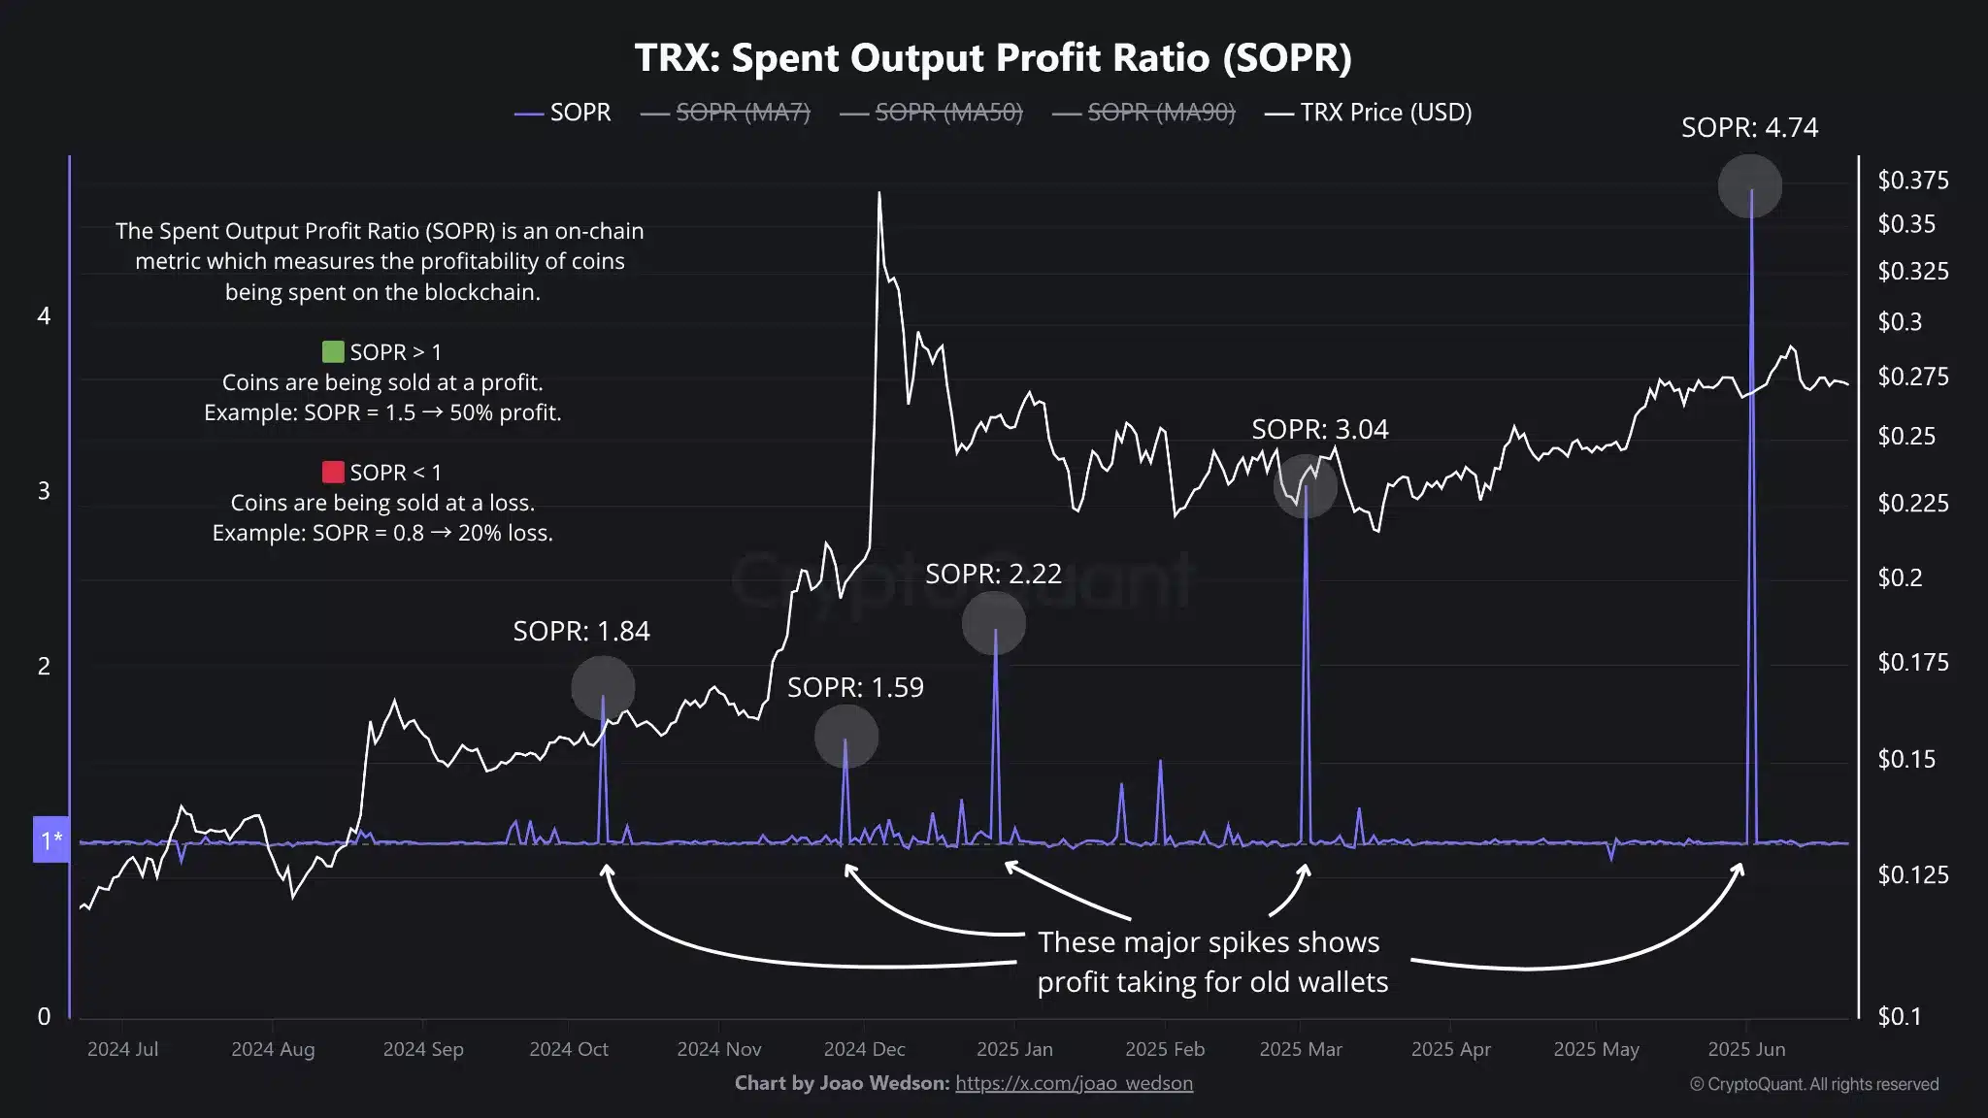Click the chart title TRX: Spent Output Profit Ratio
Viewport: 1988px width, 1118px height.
[993, 58]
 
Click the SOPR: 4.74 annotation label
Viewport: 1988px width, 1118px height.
[1749, 128]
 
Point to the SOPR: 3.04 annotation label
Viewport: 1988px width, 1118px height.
[1319, 429]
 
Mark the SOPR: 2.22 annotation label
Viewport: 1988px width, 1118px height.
[993, 574]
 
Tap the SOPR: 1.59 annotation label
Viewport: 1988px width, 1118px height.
[855, 687]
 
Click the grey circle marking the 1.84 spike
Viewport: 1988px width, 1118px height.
[603, 687]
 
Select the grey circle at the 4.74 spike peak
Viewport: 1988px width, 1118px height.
[1749, 185]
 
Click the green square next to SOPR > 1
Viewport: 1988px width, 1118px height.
[333, 351]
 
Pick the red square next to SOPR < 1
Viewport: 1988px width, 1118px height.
[333, 472]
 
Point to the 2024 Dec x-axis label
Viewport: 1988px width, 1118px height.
[864, 1049]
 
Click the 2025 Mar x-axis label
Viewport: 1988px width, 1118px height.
[1300, 1049]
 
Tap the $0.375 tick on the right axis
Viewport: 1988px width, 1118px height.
[1912, 181]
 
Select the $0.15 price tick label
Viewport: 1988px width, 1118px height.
[1906, 759]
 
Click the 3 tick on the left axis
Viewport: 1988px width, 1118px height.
[44, 491]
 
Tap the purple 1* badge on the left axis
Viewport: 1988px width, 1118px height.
[51, 840]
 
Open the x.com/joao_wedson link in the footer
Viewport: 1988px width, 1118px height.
[1074, 1083]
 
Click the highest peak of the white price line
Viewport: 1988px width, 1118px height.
[879, 193]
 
